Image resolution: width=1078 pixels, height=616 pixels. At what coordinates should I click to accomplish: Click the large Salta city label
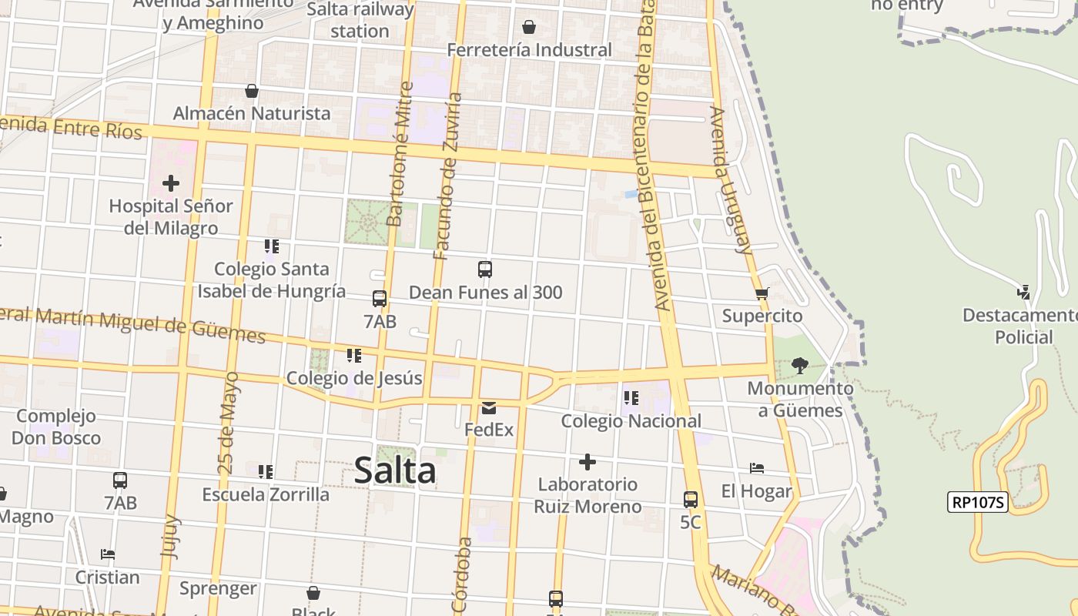(x=395, y=470)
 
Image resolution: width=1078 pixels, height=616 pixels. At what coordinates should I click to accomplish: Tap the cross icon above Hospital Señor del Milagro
(x=171, y=183)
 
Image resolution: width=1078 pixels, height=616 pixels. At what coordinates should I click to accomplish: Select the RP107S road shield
(x=977, y=503)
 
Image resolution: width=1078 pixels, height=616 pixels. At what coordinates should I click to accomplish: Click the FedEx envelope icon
(x=489, y=408)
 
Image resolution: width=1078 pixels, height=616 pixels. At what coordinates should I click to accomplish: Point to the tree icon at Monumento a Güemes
(x=799, y=366)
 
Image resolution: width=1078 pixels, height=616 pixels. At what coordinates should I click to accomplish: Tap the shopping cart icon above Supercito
(x=762, y=293)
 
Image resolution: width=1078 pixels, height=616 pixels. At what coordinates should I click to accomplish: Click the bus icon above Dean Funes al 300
(x=485, y=269)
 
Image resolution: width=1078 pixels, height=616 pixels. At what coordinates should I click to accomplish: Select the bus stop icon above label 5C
(x=691, y=499)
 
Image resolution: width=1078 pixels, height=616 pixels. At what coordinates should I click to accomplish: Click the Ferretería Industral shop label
(x=530, y=50)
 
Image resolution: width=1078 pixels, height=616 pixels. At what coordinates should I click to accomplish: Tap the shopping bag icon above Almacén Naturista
(x=251, y=91)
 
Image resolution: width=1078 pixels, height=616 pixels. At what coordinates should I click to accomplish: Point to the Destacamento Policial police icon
(x=1023, y=292)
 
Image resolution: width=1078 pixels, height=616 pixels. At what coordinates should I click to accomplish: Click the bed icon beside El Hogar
(x=757, y=468)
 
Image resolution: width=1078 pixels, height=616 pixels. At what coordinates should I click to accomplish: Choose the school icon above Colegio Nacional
(x=631, y=398)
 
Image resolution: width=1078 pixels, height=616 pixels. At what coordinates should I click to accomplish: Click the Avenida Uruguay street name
(x=730, y=181)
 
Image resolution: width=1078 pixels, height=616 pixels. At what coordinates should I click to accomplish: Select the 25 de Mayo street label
(x=226, y=423)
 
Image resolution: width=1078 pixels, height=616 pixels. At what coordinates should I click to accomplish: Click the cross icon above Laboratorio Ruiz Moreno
(x=588, y=462)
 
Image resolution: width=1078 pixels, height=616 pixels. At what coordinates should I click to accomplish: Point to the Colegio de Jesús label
(x=354, y=378)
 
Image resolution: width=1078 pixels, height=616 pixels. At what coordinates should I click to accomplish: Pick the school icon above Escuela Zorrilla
(x=266, y=471)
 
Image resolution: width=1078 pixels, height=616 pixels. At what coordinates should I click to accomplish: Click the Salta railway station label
(x=360, y=20)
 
